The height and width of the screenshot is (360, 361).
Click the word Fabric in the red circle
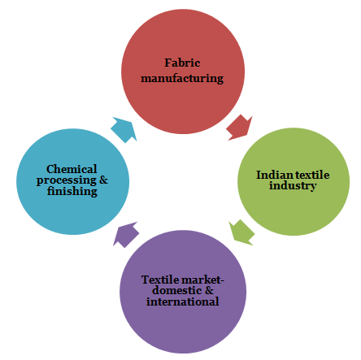pos(182,63)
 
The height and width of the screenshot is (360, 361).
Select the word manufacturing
pos(182,79)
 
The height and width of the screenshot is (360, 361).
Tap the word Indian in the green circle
pos(275,175)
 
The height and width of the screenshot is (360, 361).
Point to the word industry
pos(293,186)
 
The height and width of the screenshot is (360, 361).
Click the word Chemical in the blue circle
pos(72,169)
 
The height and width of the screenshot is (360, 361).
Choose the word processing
pos(67,180)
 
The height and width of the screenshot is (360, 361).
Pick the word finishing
pos(72,191)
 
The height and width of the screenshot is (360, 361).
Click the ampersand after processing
pos(103,180)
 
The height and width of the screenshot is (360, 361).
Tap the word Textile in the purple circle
pos(159,280)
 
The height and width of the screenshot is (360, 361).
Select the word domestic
pos(176,290)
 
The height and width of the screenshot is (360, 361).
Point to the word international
pos(183,301)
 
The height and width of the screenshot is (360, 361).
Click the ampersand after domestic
pos(209,290)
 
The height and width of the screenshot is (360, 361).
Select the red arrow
pos(239,128)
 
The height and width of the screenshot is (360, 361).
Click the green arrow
pos(241,232)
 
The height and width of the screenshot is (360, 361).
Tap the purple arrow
pos(126,235)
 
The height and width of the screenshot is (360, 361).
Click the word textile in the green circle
pos(312,175)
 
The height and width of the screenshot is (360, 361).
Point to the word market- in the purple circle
pos(202,280)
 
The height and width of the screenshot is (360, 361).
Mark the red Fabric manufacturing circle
pos(183,72)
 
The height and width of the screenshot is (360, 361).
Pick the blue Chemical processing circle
pos(72,181)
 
